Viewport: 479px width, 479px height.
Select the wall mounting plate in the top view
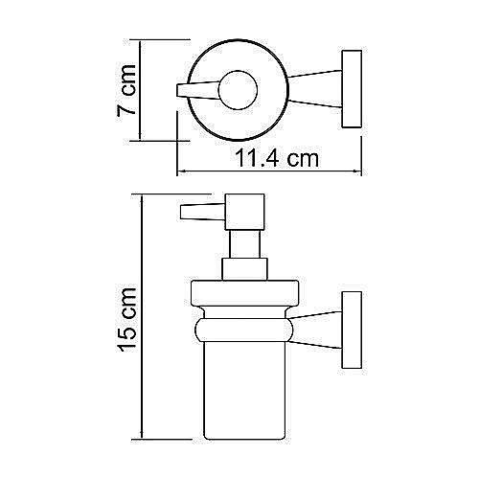(x=353, y=90)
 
